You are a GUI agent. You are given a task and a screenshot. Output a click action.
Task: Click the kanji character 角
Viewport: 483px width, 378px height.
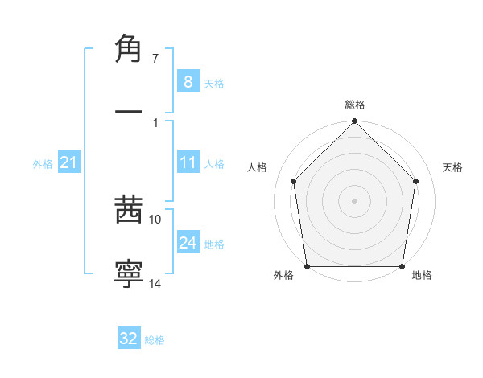(129, 50)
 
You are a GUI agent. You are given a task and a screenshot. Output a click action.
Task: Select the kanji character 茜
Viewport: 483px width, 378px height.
(129, 211)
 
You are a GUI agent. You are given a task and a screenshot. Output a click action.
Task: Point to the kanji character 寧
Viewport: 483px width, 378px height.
(129, 273)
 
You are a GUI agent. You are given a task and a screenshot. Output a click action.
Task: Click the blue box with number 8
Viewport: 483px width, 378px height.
(188, 81)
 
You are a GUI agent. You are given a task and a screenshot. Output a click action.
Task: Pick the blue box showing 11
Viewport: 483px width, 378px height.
(188, 162)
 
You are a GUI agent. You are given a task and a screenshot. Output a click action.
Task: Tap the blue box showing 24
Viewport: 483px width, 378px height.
(188, 243)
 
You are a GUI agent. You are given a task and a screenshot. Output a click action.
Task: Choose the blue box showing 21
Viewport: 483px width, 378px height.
(68, 162)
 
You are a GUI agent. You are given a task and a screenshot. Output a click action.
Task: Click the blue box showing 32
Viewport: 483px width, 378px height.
(129, 339)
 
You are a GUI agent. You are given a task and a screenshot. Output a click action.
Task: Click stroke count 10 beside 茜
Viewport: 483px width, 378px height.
(155, 219)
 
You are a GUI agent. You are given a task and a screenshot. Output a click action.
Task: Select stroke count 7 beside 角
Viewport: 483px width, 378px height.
(155, 58)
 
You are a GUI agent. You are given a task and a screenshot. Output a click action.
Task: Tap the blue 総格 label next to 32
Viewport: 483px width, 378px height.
(155, 340)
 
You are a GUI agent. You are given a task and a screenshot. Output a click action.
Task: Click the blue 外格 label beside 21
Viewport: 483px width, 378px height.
(43, 164)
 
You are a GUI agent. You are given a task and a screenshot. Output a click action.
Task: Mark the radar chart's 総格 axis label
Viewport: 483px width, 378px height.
(355, 105)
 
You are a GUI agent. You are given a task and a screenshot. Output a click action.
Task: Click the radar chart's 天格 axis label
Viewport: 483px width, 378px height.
(453, 167)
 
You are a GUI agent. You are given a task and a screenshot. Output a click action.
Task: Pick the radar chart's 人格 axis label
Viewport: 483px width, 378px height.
(258, 167)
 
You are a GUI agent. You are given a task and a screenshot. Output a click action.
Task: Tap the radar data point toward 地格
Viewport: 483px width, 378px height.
(402, 266)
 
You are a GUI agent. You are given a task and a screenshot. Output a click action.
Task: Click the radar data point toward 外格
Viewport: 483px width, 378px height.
(307, 266)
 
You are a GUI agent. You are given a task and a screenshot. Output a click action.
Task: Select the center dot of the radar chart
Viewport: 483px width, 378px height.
(355, 200)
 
